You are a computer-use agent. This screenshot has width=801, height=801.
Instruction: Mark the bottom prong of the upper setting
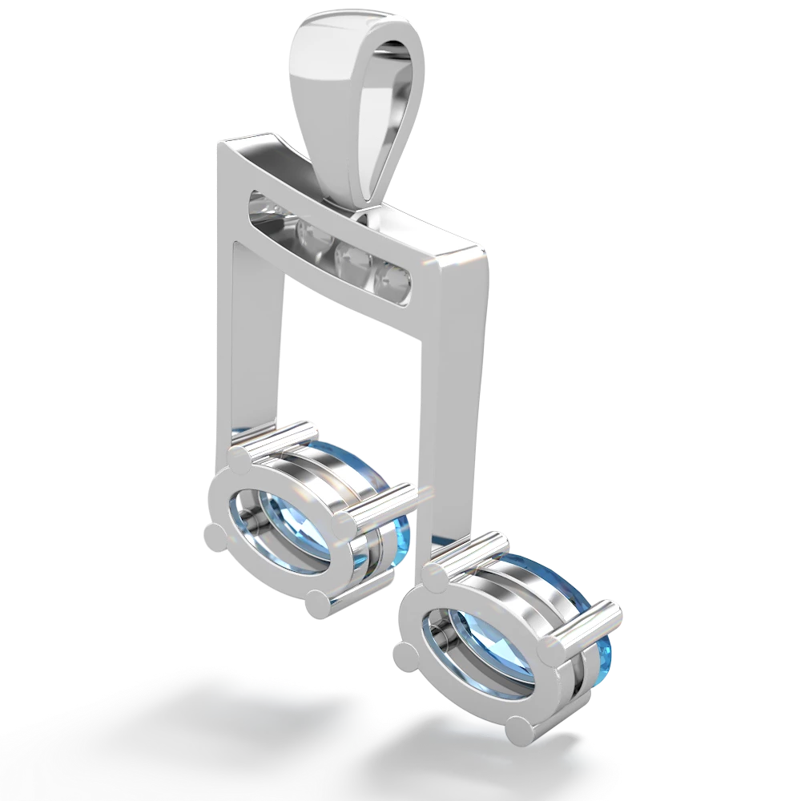point(318,602)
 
